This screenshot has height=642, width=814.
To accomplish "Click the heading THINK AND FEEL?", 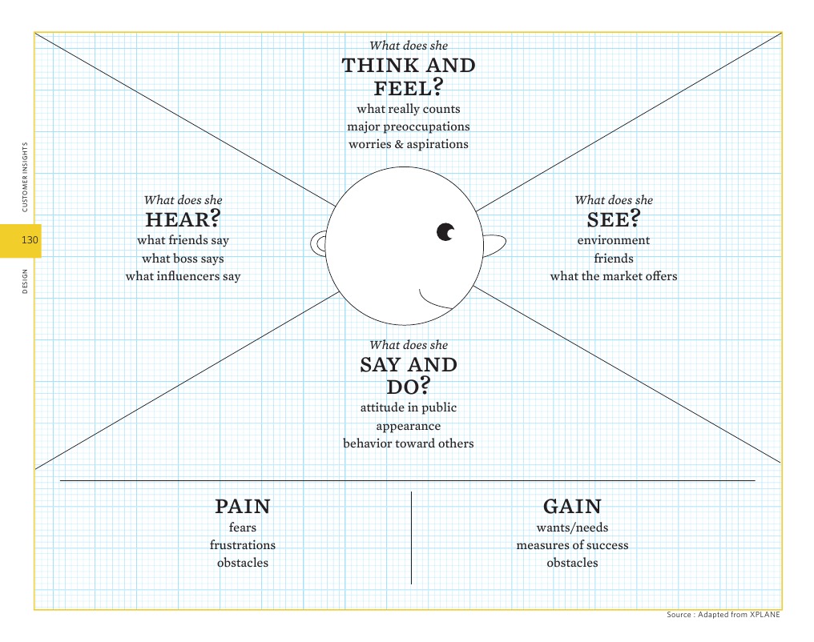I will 409,76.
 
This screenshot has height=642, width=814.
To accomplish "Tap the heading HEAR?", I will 183,219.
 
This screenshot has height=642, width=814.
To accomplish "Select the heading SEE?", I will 614,219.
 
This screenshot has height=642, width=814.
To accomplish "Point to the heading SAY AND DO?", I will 409,375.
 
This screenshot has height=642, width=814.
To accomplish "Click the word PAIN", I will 243,507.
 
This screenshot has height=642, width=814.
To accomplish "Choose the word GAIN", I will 572,507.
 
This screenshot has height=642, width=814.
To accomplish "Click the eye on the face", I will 445,232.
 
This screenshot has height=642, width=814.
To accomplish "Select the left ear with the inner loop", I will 319,243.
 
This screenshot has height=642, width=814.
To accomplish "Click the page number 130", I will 30,240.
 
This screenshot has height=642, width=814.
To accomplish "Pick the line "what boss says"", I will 183,259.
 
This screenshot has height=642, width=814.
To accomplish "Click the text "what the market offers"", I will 614,276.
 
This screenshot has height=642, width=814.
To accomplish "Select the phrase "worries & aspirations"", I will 409,144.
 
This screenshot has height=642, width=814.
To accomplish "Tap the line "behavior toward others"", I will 409,443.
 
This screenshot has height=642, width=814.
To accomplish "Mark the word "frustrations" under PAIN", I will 243,545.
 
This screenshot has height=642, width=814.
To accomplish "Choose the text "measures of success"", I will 572,545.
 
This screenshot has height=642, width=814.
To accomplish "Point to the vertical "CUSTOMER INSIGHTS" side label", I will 24,178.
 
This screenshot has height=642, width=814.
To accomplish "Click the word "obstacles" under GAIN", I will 572,563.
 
